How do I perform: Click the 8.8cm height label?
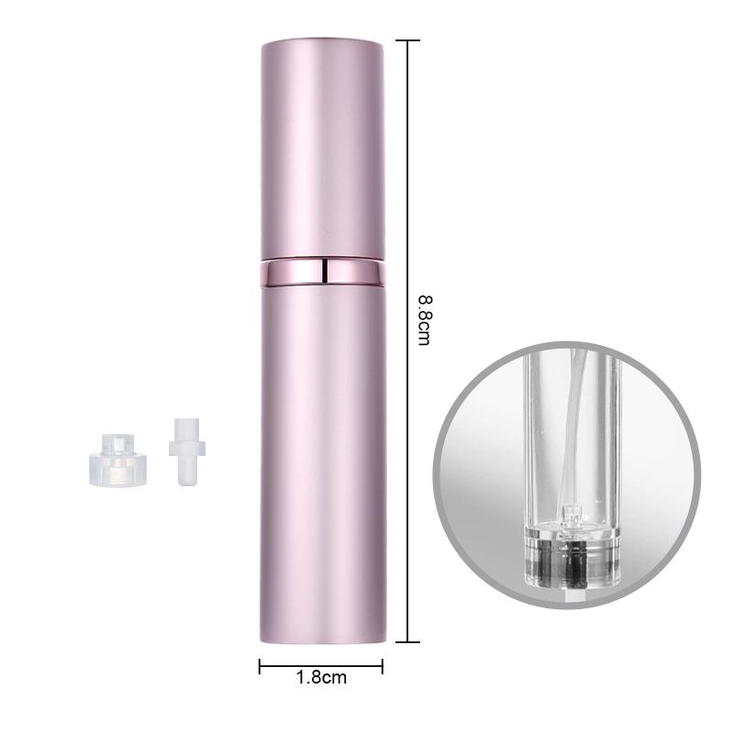(424, 320)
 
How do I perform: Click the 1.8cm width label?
(322, 677)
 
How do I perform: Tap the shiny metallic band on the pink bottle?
(323, 272)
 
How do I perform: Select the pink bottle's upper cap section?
(323, 149)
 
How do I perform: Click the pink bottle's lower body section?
(323, 463)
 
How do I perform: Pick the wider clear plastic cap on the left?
(118, 460)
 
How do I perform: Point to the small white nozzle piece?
(187, 451)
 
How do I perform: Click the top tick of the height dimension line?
(407, 40)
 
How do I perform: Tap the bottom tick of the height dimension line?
(407, 641)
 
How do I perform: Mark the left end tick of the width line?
(260, 666)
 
